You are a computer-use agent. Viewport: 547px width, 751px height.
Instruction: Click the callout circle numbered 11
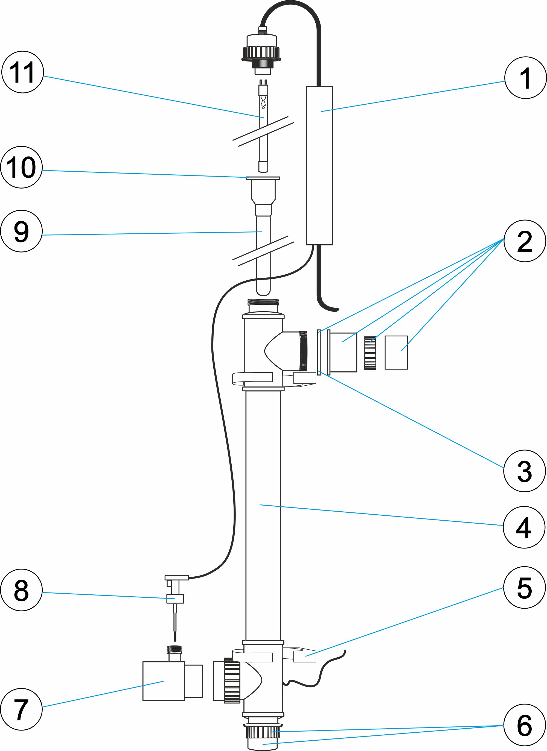click(x=22, y=72)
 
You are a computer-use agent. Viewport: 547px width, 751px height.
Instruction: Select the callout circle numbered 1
click(x=525, y=78)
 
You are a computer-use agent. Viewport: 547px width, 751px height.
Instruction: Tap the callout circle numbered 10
click(x=22, y=167)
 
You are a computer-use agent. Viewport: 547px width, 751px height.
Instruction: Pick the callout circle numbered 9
click(x=22, y=231)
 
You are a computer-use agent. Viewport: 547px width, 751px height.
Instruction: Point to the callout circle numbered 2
click(x=525, y=241)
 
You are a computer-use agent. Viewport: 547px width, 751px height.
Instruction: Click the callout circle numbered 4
click(x=524, y=527)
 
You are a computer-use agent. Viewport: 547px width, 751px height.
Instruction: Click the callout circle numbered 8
click(x=22, y=590)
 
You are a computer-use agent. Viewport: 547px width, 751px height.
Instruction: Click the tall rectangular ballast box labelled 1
click(x=319, y=166)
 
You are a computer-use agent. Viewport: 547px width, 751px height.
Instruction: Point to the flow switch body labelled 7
click(x=163, y=681)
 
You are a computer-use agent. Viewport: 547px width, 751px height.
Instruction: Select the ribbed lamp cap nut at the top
click(x=261, y=52)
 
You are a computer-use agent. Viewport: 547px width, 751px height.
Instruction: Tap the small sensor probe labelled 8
click(x=175, y=598)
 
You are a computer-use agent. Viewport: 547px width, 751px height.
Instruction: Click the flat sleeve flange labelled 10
click(x=263, y=178)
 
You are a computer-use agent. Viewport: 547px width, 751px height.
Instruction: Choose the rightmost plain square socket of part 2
click(x=396, y=352)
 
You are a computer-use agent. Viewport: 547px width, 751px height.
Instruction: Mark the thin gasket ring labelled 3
click(x=319, y=352)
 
